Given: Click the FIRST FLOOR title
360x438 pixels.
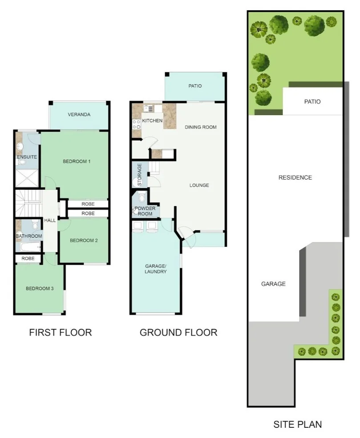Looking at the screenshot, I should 61,332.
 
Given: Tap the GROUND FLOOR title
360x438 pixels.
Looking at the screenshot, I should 178,332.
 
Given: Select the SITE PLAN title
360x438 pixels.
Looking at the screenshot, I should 297,424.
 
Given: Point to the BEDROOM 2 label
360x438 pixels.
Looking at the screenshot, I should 84,241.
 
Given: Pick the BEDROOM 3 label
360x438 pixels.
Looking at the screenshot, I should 40,288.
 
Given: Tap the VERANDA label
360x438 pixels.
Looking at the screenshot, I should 79,115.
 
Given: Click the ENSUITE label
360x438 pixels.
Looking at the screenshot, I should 27,157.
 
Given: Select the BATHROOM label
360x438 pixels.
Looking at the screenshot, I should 29,236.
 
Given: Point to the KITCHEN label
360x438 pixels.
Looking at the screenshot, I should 152,121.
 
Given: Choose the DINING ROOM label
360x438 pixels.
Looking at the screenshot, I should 201,127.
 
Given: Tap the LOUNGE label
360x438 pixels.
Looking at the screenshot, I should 199,185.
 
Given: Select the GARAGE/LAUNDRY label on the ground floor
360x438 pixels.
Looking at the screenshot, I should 156,269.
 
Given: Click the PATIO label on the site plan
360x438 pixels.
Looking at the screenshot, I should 312,101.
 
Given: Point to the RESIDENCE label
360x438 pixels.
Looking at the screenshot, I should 295,177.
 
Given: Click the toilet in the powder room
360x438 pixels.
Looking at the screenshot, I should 142,197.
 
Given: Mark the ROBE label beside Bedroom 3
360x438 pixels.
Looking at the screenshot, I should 28,258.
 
